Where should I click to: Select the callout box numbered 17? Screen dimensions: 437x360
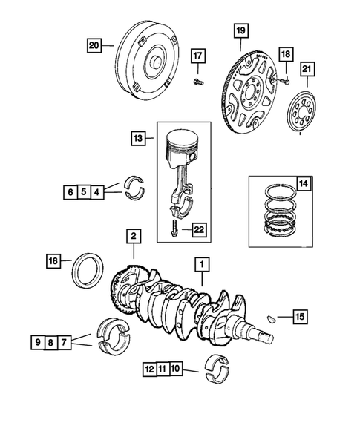click(197, 56)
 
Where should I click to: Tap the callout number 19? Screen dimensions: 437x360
click(240, 30)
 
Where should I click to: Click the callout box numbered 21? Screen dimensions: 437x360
click(308, 70)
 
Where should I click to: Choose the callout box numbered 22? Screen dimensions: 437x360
click(198, 229)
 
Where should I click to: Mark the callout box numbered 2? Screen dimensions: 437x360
click(133, 236)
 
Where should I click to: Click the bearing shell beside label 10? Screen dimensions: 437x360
click(217, 369)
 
